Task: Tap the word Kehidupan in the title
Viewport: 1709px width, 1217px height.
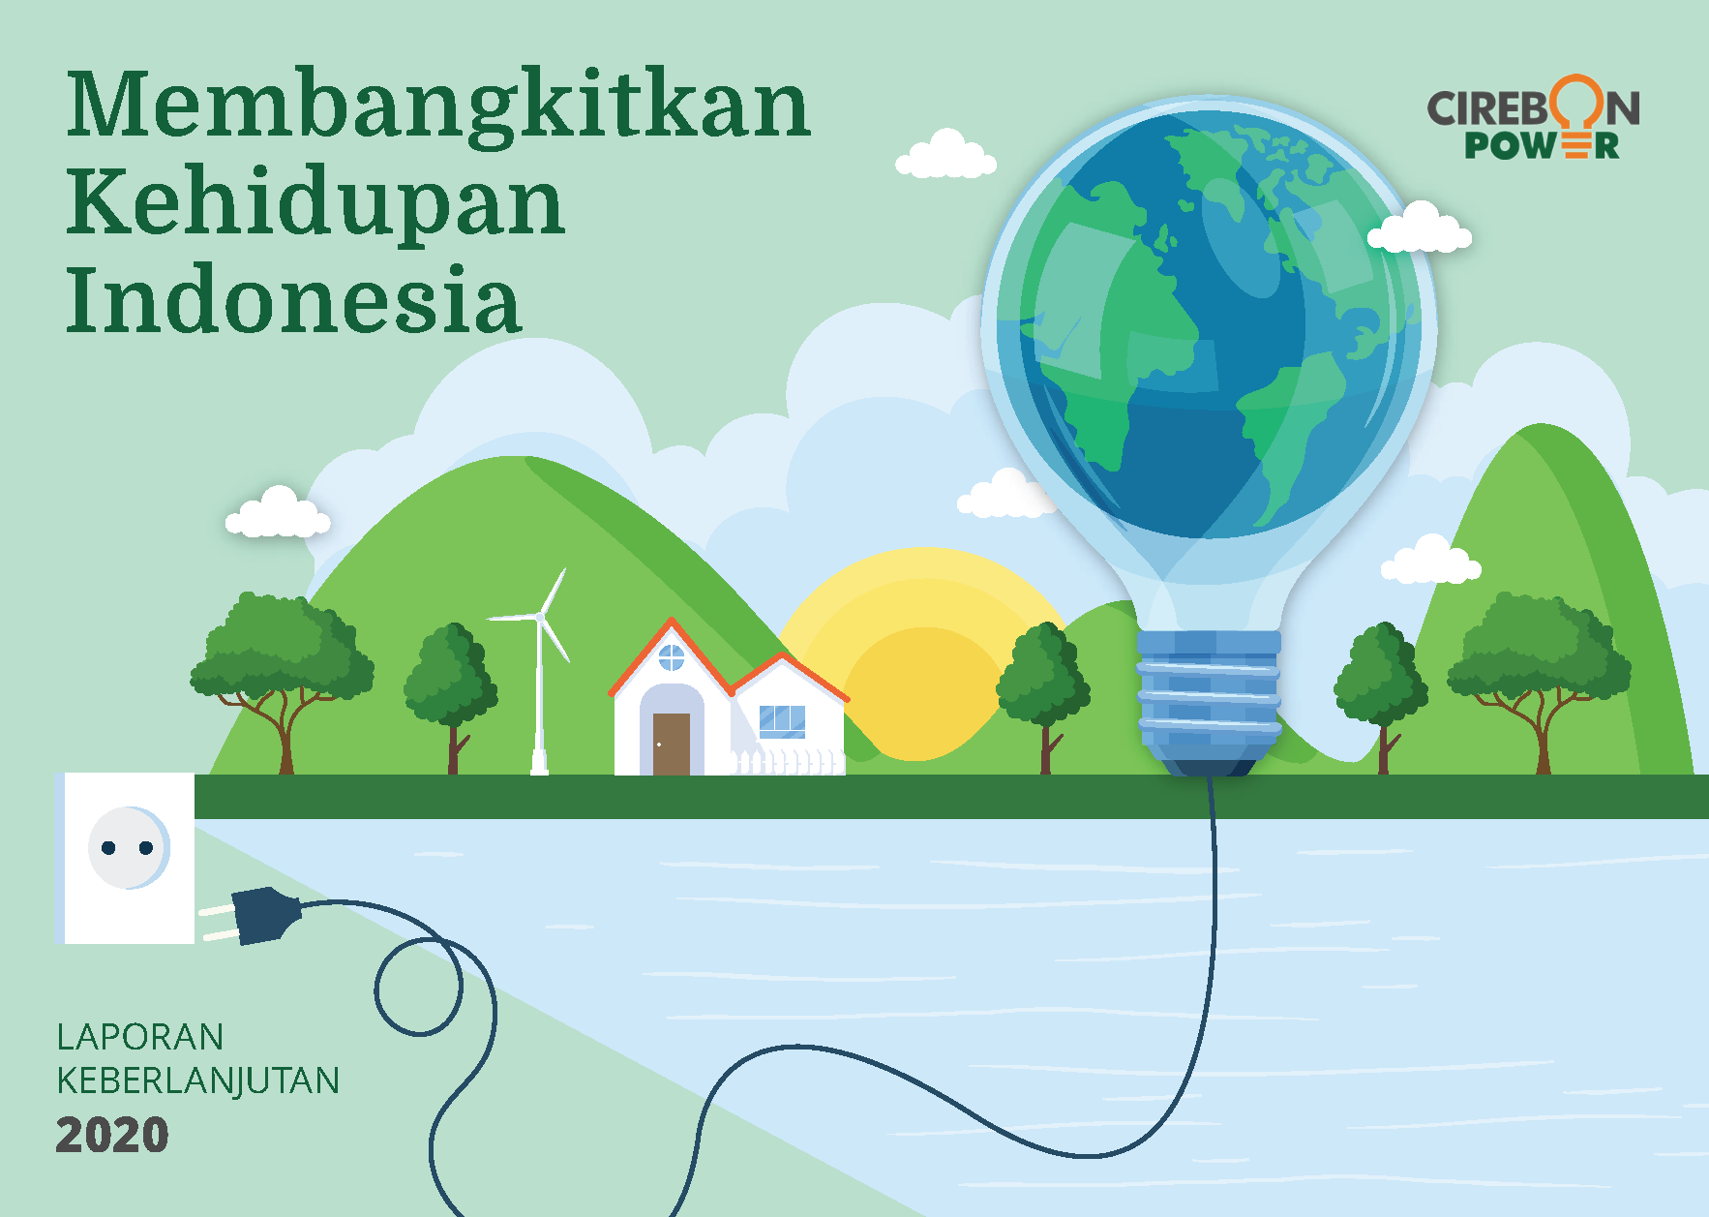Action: click(315, 204)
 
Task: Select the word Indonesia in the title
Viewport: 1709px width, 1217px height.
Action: click(294, 299)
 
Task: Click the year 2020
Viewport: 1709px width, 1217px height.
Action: click(112, 1135)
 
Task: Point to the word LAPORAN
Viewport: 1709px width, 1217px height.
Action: click(140, 1037)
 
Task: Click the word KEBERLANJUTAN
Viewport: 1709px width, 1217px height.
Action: click(198, 1080)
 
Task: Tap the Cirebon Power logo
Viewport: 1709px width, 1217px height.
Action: click(1533, 117)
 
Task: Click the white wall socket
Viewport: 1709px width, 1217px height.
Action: click(126, 858)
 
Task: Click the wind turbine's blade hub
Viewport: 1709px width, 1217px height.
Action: click(539, 617)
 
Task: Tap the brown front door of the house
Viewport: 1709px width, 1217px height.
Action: click(672, 744)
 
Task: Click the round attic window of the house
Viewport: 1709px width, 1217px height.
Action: click(672, 658)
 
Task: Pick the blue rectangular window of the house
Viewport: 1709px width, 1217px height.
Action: click(782, 721)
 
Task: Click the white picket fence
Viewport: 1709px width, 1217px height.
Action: click(786, 762)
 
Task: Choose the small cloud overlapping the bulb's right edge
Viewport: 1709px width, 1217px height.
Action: click(1420, 228)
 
